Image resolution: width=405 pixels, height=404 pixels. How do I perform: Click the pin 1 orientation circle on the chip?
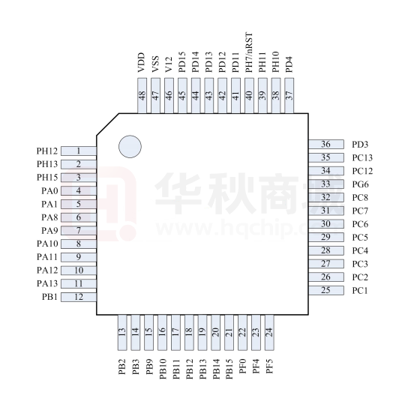130,146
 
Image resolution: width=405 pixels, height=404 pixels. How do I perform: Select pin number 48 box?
142,96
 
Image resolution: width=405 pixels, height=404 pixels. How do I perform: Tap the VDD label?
142,62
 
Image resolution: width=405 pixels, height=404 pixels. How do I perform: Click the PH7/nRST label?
249,52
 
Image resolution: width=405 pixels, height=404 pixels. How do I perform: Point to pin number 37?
289,96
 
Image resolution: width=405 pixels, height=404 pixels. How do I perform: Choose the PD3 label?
360,145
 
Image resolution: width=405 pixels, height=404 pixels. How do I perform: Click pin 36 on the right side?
326,144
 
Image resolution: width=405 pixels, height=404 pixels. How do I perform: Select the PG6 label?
360,184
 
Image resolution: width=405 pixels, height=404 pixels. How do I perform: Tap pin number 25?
326,290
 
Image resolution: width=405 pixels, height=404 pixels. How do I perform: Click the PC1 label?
360,290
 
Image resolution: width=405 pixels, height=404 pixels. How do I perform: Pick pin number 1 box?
79,151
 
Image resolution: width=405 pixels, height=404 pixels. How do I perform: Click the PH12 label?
47,151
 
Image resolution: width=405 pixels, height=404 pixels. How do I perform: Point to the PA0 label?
49,191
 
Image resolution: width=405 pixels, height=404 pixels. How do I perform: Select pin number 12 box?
79,297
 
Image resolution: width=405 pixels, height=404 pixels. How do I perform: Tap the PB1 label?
49,297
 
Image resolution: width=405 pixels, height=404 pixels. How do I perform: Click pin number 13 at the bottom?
122,333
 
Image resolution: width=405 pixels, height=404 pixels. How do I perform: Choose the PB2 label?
122,367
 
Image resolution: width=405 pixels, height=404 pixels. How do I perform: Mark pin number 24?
269,333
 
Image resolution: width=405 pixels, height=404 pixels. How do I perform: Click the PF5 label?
269,366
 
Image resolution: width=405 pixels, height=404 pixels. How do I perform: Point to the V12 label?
169,64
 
